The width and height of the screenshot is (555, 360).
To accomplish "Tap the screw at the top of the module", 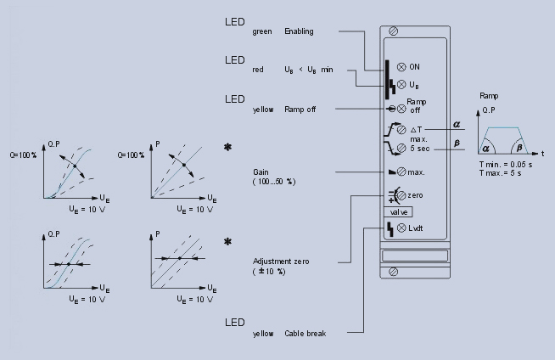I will pyautogui.click(x=393, y=31).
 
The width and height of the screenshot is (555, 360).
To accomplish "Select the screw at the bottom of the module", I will pyautogui.click(x=393, y=271).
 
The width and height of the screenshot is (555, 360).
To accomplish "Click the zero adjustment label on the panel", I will pyautogui.click(x=415, y=195).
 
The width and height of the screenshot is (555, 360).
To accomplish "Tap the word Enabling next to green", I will pyautogui.click(x=299, y=31).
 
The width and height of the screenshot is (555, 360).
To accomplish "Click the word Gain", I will pyautogui.click(x=261, y=171).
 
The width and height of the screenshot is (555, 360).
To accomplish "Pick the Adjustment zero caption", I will pyautogui.click(x=279, y=261).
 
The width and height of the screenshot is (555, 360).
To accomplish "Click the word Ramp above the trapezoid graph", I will pyautogui.click(x=490, y=97).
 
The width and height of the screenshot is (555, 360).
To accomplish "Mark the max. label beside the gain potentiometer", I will pyautogui.click(x=416, y=172).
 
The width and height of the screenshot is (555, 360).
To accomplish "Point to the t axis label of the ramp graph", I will pyautogui.click(x=542, y=154).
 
